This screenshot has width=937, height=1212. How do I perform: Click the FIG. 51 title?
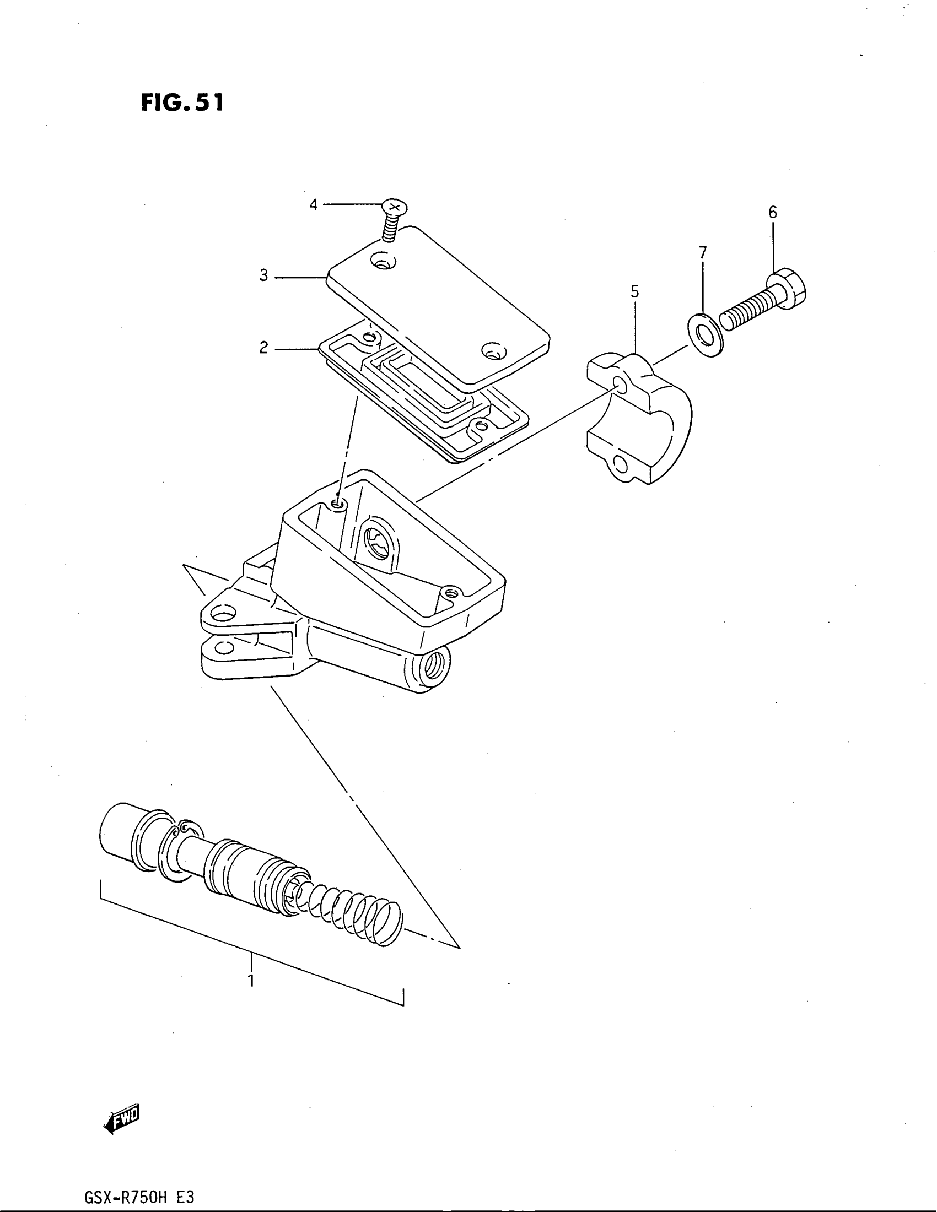182,102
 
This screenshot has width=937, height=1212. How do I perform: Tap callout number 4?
313,205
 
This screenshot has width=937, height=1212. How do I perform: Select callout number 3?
263,276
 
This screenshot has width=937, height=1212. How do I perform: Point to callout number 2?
263,348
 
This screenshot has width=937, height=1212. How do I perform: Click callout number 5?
634,291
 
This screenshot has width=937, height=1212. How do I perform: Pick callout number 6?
773,212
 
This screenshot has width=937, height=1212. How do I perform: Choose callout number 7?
703,253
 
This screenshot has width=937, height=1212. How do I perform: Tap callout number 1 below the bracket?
251,981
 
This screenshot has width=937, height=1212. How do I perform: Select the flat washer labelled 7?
705,335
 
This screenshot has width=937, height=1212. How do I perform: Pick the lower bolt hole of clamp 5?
621,464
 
